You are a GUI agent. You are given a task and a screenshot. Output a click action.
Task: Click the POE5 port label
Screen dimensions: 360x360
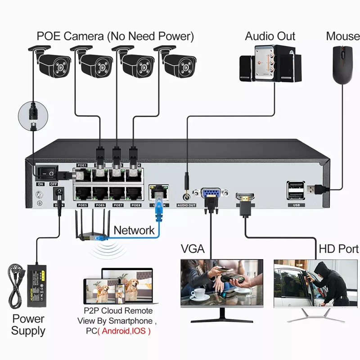pyautogui.click(x=82, y=205)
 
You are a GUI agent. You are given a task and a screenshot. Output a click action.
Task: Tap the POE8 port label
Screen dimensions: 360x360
pyautogui.click(x=135, y=205)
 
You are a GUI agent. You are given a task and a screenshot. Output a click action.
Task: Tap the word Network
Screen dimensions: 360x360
pyautogui.click(x=134, y=230)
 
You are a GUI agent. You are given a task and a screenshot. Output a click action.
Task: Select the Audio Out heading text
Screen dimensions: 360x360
pyautogui.click(x=270, y=36)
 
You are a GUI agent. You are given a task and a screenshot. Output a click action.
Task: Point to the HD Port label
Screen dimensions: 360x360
pyautogui.click(x=338, y=248)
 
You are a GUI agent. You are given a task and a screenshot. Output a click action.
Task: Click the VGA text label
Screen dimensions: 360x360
pyautogui.click(x=193, y=248)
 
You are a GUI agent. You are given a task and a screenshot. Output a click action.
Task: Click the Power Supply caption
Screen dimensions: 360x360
pyautogui.click(x=28, y=325)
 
